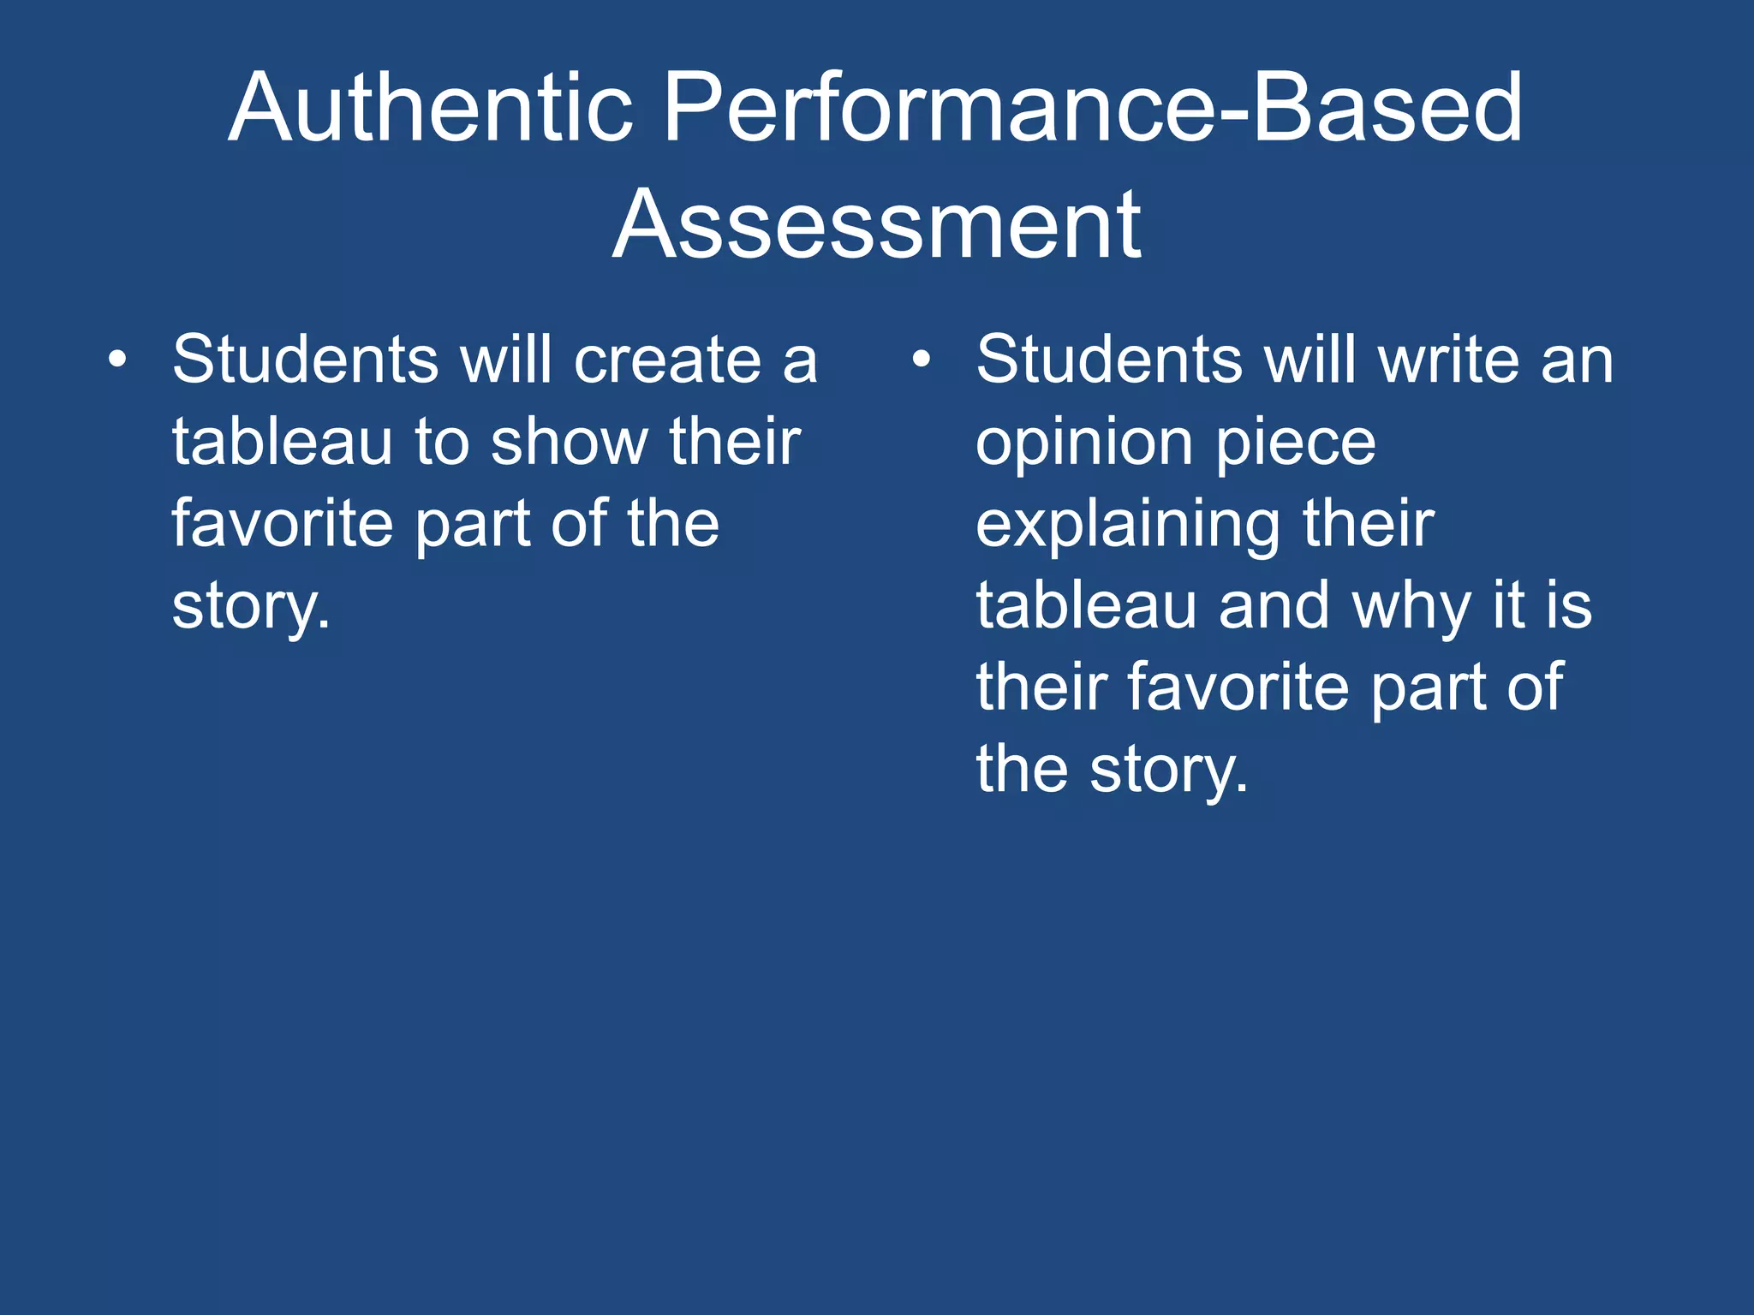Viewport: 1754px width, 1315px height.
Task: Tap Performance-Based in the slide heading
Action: click(1093, 109)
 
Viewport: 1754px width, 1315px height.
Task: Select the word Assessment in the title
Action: click(877, 225)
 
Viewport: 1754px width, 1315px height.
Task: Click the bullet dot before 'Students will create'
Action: click(118, 360)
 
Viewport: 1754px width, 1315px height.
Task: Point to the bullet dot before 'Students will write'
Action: click(921, 360)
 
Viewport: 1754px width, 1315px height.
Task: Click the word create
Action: click(667, 360)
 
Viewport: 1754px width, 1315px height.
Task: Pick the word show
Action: click(569, 442)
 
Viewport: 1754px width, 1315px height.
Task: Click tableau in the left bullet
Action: click(282, 442)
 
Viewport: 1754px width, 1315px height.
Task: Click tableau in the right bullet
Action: click(1086, 606)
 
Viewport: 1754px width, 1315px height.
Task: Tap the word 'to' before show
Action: click(442, 442)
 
